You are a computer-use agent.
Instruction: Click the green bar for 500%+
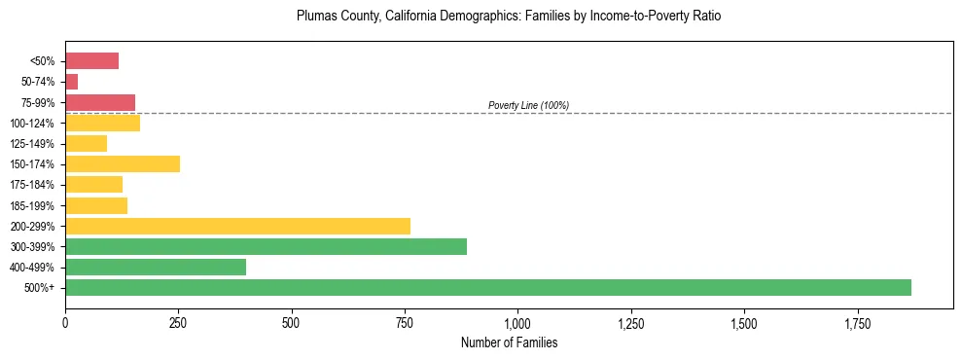point(487,288)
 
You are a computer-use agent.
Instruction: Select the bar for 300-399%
point(266,246)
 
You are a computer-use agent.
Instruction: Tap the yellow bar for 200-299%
point(237,226)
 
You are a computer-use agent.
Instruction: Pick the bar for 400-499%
point(156,267)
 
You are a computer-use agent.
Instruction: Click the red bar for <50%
point(91,61)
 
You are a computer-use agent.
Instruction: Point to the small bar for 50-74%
point(71,82)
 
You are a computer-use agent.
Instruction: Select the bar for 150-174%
point(123,164)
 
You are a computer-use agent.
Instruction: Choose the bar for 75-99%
point(100,102)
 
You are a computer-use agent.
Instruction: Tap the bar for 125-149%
point(86,144)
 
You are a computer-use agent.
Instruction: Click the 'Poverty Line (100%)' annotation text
point(528,105)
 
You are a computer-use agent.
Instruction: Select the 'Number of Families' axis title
point(509,342)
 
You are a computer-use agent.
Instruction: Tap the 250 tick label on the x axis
point(178,322)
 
